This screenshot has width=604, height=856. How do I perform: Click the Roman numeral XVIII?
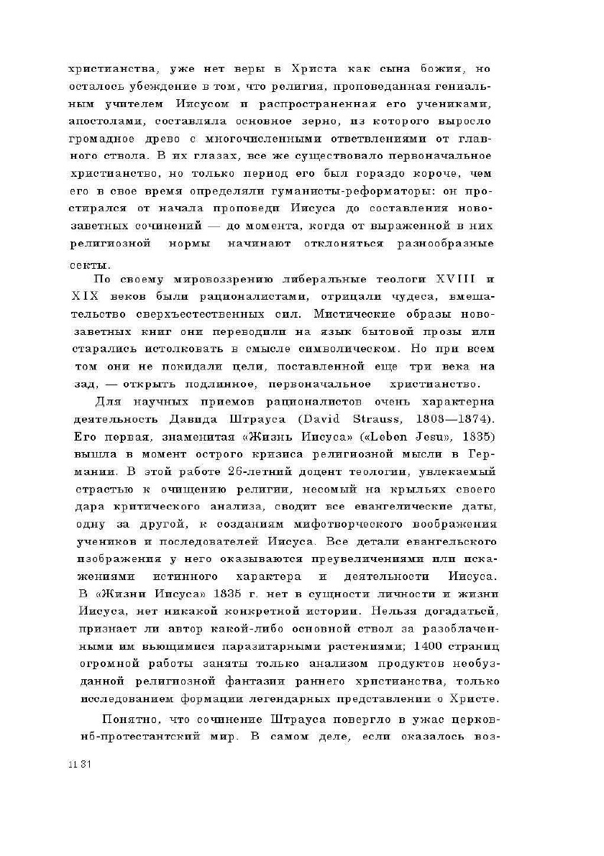point(451,279)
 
